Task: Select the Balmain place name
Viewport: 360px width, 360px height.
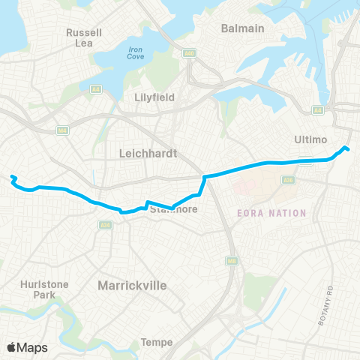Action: (243, 28)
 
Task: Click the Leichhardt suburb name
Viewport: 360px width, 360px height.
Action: (148, 153)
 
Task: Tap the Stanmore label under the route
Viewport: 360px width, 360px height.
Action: (175, 209)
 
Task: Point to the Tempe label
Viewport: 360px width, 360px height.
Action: (157, 343)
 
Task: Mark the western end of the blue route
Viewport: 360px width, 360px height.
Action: (11, 177)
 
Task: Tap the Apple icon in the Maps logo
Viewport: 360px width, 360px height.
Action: (12, 347)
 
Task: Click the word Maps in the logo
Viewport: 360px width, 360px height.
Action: (32, 347)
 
